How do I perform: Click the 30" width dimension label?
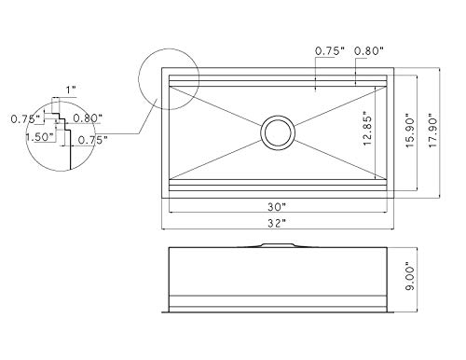click(x=277, y=206)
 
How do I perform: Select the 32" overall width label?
click(x=277, y=223)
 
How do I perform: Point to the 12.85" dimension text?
click(x=367, y=131)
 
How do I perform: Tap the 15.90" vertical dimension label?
click(x=410, y=132)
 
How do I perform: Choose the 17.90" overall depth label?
click(x=432, y=132)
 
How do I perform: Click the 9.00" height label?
click(x=410, y=279)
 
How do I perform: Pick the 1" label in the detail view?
click(x=71, y=90)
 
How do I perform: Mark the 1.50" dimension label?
click(x=41, y=137)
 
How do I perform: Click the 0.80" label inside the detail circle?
click(x=88, y=118)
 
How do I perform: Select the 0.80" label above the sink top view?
click(x=369, y=50)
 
